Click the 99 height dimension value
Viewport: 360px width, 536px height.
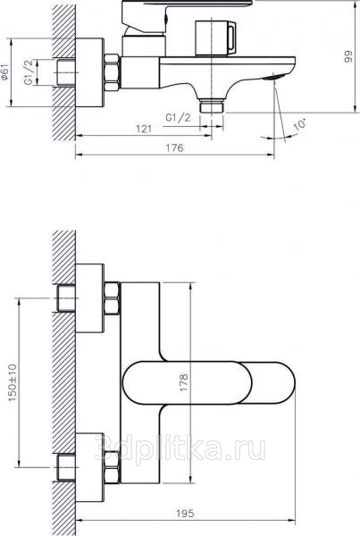pos(348,57)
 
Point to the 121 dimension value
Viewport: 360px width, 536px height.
pos(144,129)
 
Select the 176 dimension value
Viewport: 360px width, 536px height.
pos(175,147)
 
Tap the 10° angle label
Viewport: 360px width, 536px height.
pos(300,124)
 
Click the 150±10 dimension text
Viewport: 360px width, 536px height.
pos(13,382)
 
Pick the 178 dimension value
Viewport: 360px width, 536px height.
pos(184,382)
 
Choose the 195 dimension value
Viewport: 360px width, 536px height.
pos(185,513)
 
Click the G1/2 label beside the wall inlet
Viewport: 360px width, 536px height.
pos(29,72)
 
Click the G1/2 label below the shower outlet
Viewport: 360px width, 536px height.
pos(178,118)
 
